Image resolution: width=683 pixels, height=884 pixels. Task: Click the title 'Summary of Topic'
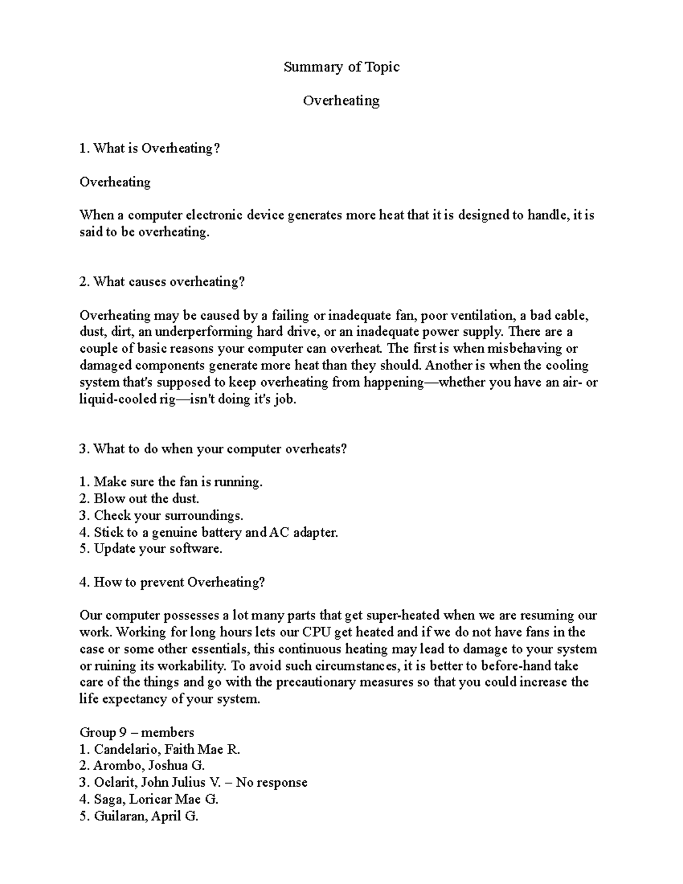(x=341, y=67)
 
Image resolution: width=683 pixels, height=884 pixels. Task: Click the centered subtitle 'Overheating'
(x=341, y=101)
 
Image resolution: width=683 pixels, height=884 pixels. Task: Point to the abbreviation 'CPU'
(x=316, y=632)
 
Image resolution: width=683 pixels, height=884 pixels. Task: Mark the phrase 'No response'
(x=271, y=783)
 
